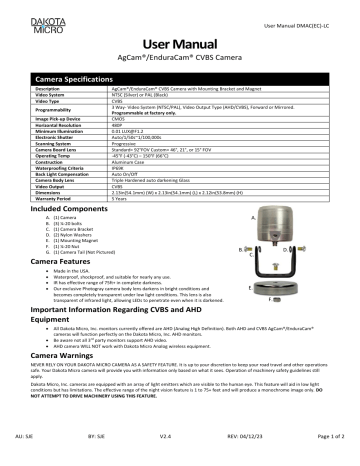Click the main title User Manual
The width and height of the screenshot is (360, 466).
coord(180,47)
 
